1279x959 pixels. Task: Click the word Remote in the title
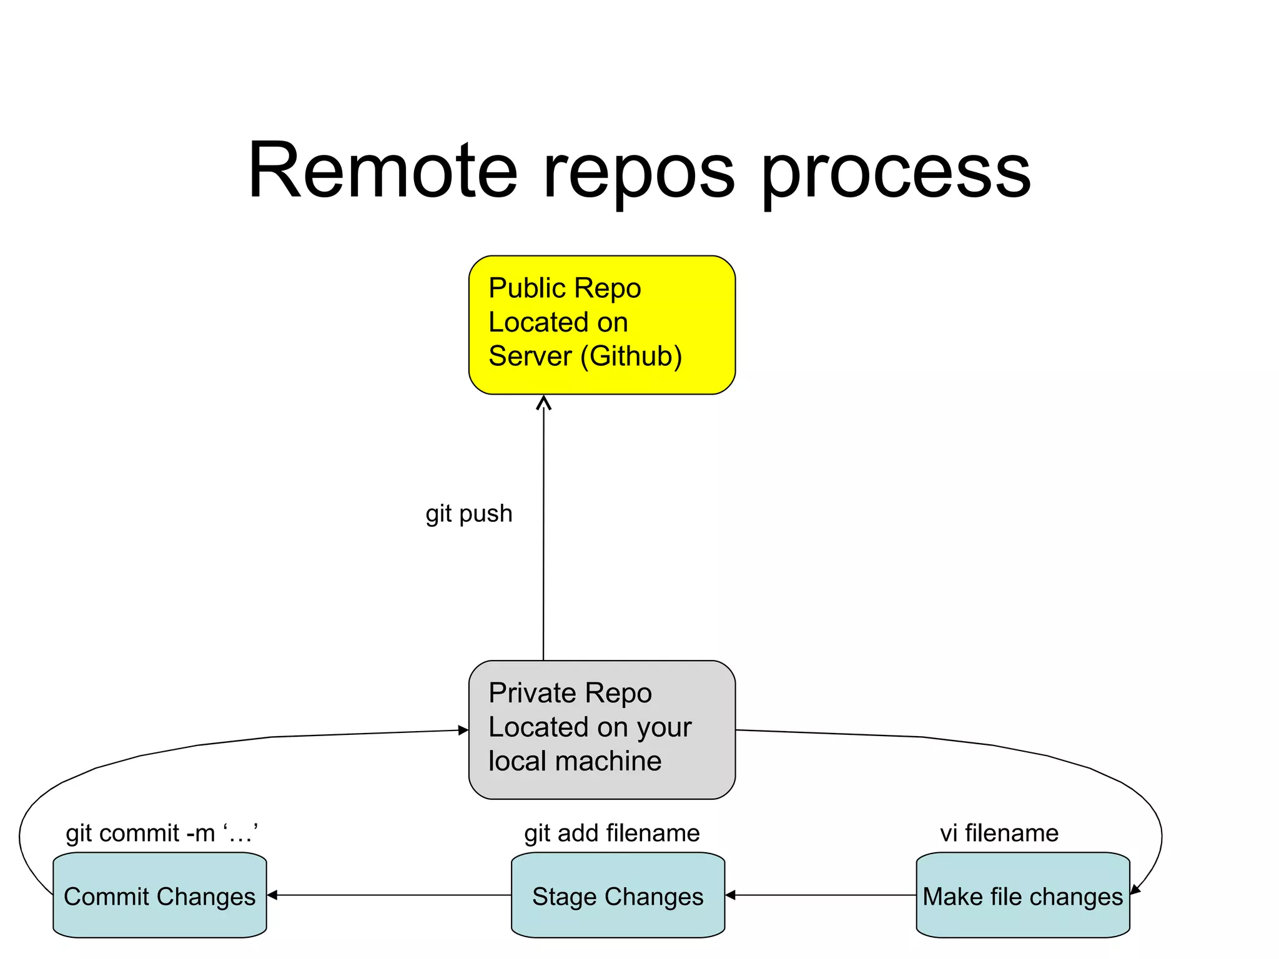(382, 170)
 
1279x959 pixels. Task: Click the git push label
(468, 513)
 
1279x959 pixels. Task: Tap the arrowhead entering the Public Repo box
(544, 403)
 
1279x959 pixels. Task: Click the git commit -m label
(162, 834)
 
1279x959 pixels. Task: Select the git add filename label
(611, 834)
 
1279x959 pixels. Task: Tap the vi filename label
(999, 834)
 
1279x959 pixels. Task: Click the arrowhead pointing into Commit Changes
(272, 895)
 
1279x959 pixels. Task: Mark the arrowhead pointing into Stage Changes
(730, 895)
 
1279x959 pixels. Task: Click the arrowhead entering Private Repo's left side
(463, 730)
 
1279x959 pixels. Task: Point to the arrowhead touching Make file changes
(1135, 889)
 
